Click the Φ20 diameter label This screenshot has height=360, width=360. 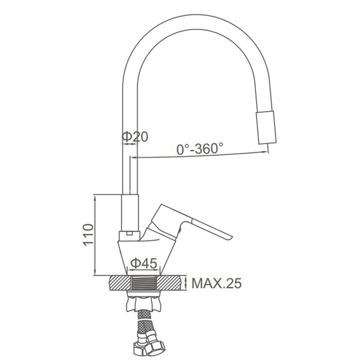coord(135,137)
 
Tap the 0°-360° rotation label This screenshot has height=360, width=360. coord(200,149)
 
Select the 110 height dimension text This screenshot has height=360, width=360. coord(88,235)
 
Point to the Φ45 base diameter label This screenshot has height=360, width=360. coord(143,263)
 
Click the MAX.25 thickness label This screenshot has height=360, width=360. coord(217,283)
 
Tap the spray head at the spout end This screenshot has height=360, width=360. coord(266,128)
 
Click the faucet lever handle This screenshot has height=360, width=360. coord(193,224)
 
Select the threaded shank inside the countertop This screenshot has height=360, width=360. coord(143,283)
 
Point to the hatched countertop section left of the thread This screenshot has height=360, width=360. coord(120,283)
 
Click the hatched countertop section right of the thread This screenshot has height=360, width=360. coord(172,283)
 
